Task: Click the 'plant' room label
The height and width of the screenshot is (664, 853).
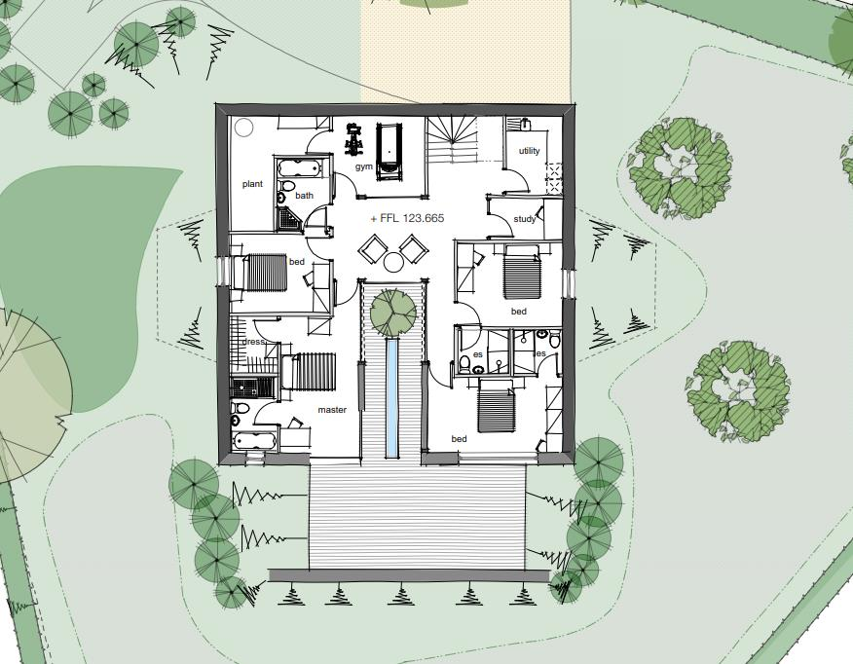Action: pos(252,184)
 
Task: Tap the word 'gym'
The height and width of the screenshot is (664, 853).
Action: pos(363,167)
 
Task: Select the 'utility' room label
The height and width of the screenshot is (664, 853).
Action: pos(529,151)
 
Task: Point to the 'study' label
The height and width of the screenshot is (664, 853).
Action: pos(525,219)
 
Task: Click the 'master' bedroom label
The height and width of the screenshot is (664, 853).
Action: pos(332,410)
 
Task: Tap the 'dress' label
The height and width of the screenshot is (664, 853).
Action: pos(253,343)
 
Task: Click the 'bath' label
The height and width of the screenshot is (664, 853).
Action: pos(305,196)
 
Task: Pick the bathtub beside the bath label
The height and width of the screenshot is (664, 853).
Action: pos(298,168)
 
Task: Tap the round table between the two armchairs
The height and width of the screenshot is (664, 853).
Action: pos(393,261)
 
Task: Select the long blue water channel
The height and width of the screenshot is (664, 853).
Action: pos(391,398)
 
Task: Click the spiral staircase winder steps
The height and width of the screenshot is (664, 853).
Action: pos(450,139)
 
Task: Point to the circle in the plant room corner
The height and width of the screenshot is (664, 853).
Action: pos(243,127)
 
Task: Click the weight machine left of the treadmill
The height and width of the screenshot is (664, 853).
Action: pos(353,141)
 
